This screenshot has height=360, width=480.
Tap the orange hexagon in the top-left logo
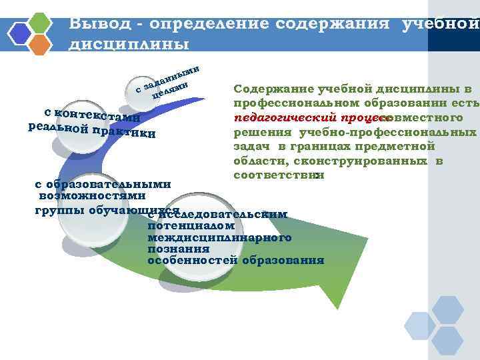tap(41, 44)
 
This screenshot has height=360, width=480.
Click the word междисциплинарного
tap(219, 237)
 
